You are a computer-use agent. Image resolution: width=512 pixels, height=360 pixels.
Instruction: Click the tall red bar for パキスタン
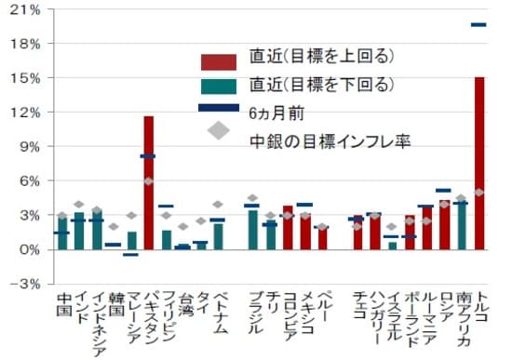pyautogui.click(x=148, y=183)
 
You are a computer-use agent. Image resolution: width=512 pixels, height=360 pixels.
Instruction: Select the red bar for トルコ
pyautogui.click(x=479, y=164)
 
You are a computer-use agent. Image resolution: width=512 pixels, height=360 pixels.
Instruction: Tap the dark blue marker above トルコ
pyautogui.click(x=479, y=25)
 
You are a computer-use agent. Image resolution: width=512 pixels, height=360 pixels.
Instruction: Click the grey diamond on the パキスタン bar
pyautogui.click(x=148, y=180)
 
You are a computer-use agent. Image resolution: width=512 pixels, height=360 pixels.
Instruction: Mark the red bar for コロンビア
pyautogui.click(x=288, y=228)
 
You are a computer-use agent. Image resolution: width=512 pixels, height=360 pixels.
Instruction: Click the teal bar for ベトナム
pyautogui.click(x=218, y=236)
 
